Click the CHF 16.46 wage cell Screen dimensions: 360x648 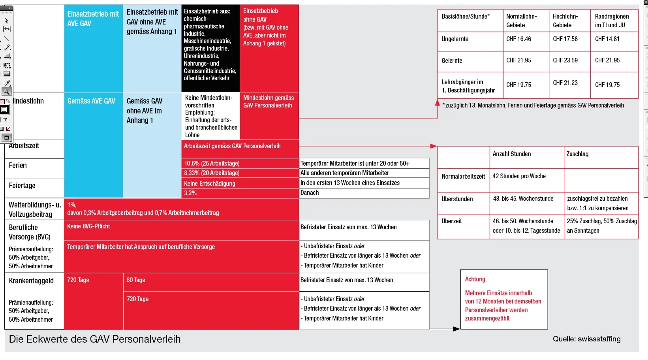pyautogui.click(x=518, y=39)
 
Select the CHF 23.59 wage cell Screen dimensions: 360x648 pyautogui.click(x=565, y=60)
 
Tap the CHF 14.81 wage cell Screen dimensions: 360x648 pyautogui.click(x=607, y=39)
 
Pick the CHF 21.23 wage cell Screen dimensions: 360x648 pyautogui.click(x=565, y=83)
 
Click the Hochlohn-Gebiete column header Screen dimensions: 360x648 pyautogui.click(x=565, y=21)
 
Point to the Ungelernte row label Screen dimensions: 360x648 pyautogui.click(x=455, y=39)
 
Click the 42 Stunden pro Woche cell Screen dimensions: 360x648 pyautogui.click(x=519, y=176)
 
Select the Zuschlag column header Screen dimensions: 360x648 pyautogui.click(x=577, y=154)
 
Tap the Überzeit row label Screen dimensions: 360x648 pyautogui.click(x=451, y=221)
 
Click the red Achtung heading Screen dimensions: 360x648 pyautogui.click(x=475, y=279)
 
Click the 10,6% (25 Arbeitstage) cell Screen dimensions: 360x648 pyautogui.click(x=212, y=164)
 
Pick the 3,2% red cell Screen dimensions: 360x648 pyautogui.click(x=190, y=193)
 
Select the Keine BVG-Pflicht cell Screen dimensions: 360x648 pyautogui.click(x=88, y=226)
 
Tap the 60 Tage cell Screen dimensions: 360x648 pyautogui.click(x=136, y=280)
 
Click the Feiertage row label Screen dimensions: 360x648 pyautogui.click(x=22, y=186)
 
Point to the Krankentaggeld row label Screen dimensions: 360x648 pyautogui.click(x=31, y=281)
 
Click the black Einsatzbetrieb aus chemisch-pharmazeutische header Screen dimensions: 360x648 pyautogui.click(x=210, y=45)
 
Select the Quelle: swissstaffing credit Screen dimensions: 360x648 pyautogui.click(x=586, y=339)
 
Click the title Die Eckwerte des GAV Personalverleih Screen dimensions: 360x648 pyautogui.click(x=95, y=339)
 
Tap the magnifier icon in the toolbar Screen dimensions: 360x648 pyautogui.click(x=6, y=92)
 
